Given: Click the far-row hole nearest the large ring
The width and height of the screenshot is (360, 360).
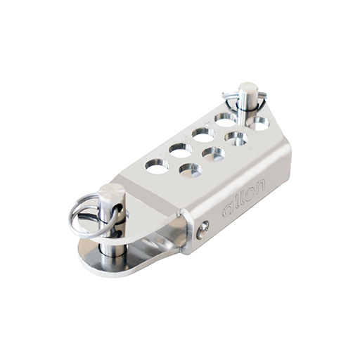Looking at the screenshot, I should click(157, 166).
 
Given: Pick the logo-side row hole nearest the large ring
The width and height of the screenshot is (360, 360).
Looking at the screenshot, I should click(190, 169).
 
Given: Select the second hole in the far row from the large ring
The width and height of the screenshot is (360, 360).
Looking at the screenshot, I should click(181, 150).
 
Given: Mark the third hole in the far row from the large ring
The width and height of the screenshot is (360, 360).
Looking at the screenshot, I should click(204, 133).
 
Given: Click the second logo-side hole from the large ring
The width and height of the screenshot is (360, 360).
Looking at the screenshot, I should click(214, 153).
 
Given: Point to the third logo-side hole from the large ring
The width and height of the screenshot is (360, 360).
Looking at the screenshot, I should click(237, 139).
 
